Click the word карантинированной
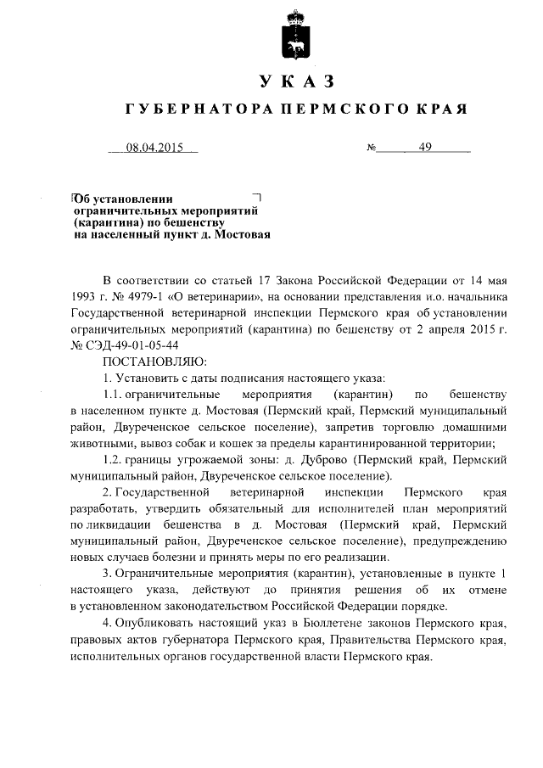pyautogui.click(x=366, y=442)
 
